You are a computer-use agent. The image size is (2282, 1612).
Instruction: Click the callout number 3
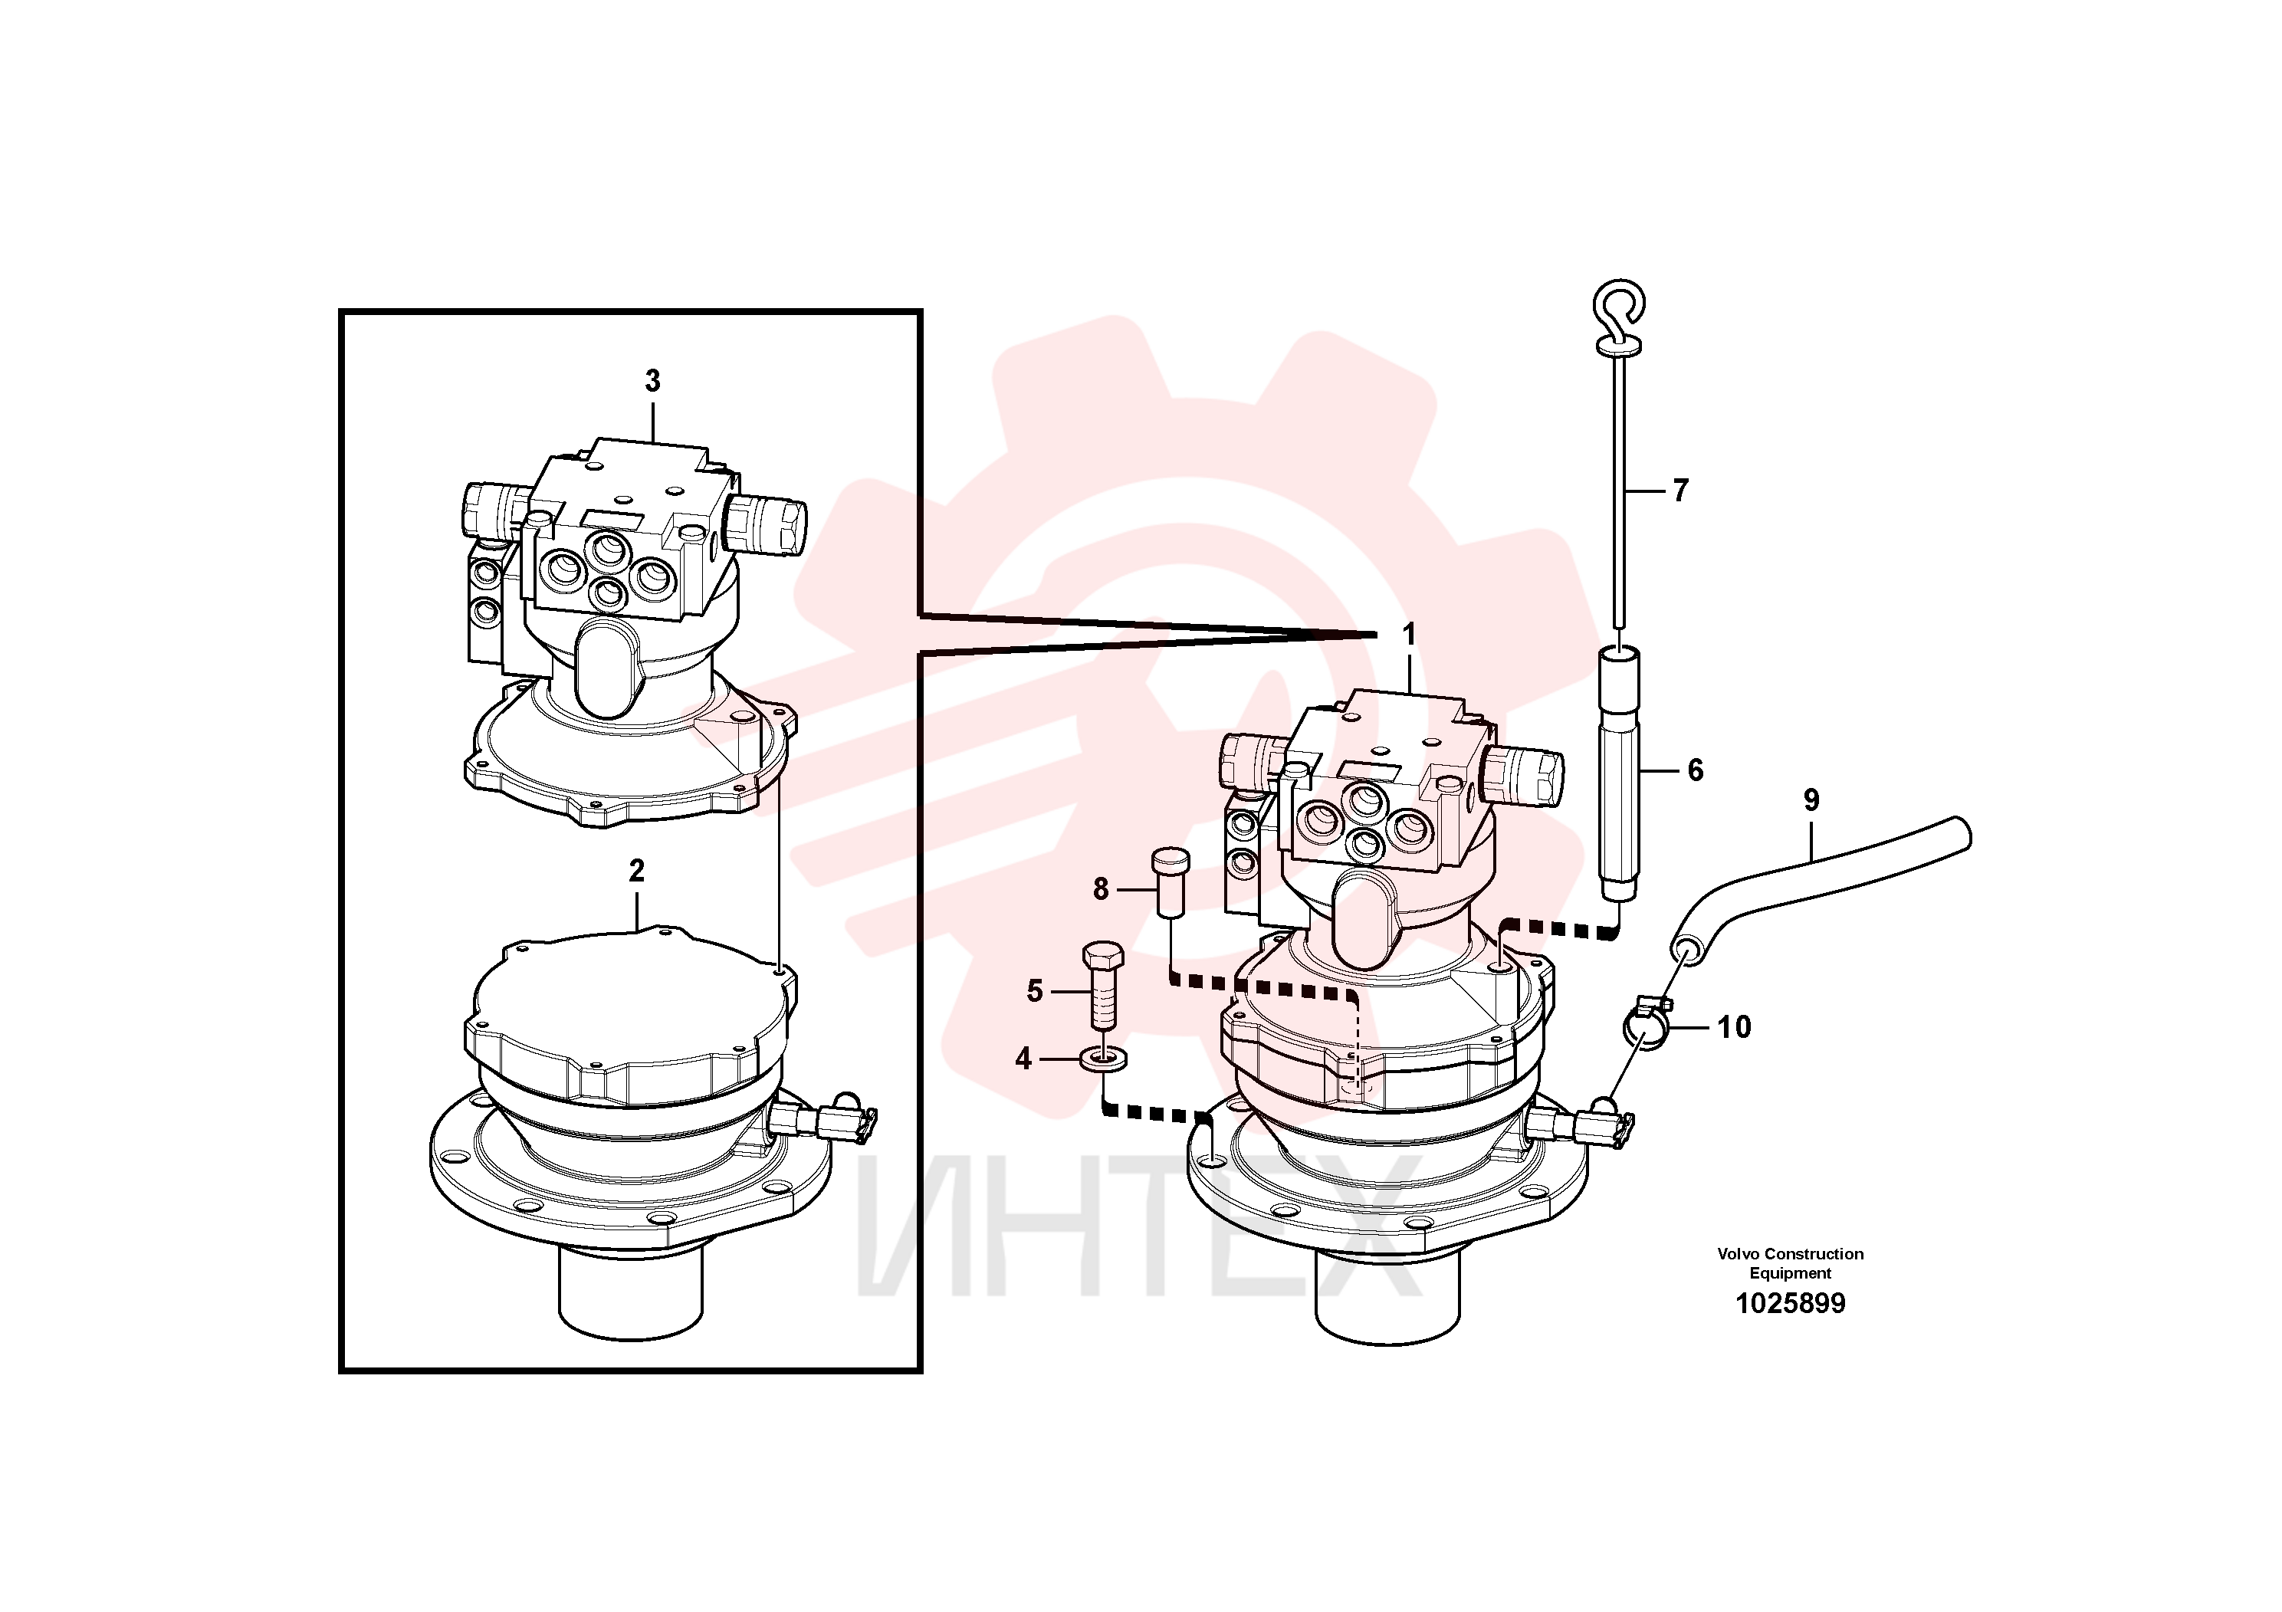point(652,381)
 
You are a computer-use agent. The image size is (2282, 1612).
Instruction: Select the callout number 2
point(636,871)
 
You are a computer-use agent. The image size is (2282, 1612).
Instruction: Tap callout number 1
point(1407,634)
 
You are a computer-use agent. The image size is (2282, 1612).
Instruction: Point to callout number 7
point(1679,490)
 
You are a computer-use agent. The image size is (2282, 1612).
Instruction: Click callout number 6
point(1696,770)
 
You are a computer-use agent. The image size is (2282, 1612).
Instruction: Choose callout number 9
point(1811,800)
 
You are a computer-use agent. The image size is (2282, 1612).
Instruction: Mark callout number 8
point(1100,888)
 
